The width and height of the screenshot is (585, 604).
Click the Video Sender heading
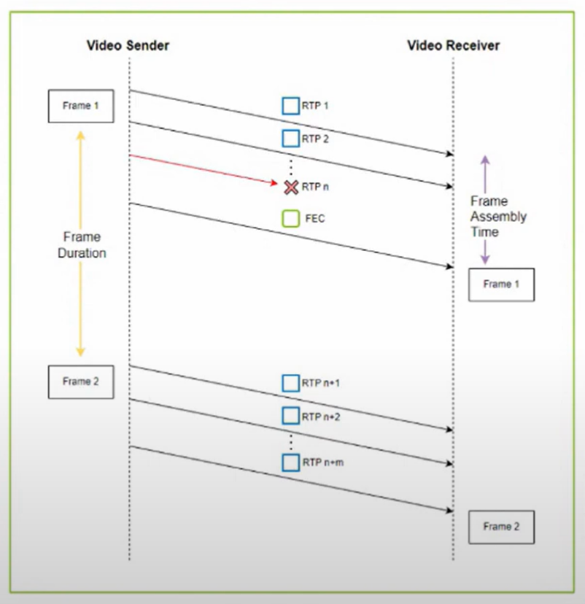click(x=128, y=46)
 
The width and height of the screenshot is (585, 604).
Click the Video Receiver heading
click(x=454, y=46)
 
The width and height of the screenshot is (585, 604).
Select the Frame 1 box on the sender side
click(x=81, y=106)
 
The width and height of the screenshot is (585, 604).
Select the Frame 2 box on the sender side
click(x=81, y=382)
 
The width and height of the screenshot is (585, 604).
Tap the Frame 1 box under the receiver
click(x=502, y=284)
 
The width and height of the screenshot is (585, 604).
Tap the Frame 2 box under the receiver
click(x=502, y=527)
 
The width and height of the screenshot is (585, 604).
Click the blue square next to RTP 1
click(x=291, y=106)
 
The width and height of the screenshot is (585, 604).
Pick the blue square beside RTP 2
click(x=291, y=138)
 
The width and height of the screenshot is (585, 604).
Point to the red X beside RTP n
click(x=291, y=187)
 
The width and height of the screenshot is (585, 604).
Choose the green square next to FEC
click(x=291, y=217)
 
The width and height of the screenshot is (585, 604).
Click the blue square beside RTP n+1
click(x=291, y=383)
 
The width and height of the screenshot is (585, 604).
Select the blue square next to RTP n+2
click(x=291, y=417)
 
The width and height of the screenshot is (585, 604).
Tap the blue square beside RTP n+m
click(x=291, y=462)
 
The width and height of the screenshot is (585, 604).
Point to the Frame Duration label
click(x=82, y=245)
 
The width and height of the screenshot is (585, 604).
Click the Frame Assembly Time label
click(x=498, y=217)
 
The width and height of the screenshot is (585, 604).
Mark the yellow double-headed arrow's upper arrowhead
click(x=81, y=135)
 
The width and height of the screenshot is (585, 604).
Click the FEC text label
click(x=314, y=217)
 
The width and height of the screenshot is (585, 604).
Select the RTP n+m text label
click(x=322, y=462)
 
